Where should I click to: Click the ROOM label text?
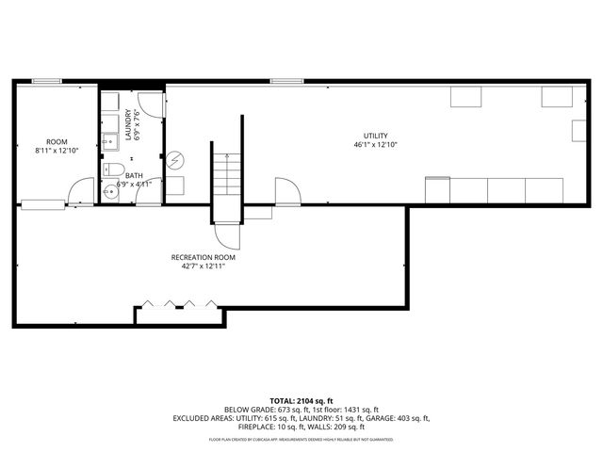[x=57, y=141]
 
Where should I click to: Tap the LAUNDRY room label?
[x=129, y=123]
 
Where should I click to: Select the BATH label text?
[x=134, y=175]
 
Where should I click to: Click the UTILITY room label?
[x=376, y=136]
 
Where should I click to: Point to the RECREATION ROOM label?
[x=203, y=257]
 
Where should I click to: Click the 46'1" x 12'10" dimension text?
[x=376, y=145]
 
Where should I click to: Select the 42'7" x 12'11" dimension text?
[x=203, y=266]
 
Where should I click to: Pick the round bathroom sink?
[x=110, y=188]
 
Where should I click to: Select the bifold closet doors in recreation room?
[x=179, y=304]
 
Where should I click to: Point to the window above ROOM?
[x=46, y=82]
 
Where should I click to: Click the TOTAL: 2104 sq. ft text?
[x=301, y=400]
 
